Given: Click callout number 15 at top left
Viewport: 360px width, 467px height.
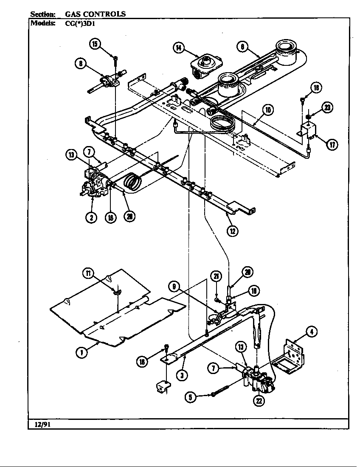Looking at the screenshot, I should pyautogui.click(x=95, y=44).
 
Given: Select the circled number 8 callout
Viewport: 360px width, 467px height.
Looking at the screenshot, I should pyautogui.click(x=80, y=64).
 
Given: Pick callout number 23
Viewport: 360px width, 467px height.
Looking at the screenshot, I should pyautogui.click(x=326, y=107).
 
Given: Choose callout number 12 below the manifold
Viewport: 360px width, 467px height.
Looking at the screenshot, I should pyautogui.click(x=232, y=231).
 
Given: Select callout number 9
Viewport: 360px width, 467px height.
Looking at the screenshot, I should pyautogui.click(x=174, y=287).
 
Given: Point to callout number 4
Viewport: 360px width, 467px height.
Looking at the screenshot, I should pyautogui.click(x=312, y=332).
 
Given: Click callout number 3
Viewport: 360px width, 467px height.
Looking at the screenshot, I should pyautogui.click(x=183, y=375).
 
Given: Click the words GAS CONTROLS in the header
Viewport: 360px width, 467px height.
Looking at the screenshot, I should pyautogui.click(x=95, y=14).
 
